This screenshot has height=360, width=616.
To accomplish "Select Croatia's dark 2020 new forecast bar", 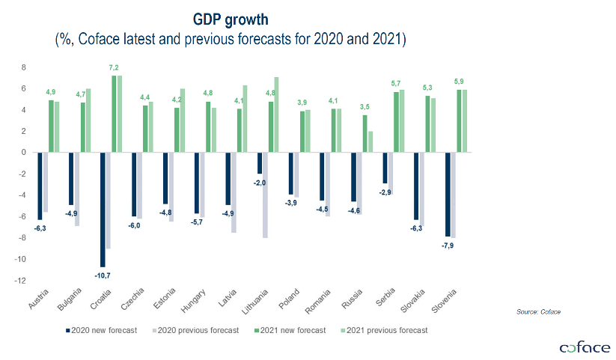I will (x=103, y=209).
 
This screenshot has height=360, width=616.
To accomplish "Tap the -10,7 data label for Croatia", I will (x=102, y=275).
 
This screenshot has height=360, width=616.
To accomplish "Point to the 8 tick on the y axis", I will (x=24, y=67).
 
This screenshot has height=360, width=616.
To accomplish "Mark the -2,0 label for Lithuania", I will (x=259, y=182).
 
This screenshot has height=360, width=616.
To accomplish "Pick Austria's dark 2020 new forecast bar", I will (x=39, y=186).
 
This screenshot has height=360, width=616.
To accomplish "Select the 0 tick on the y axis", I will (x=24, y=152).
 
